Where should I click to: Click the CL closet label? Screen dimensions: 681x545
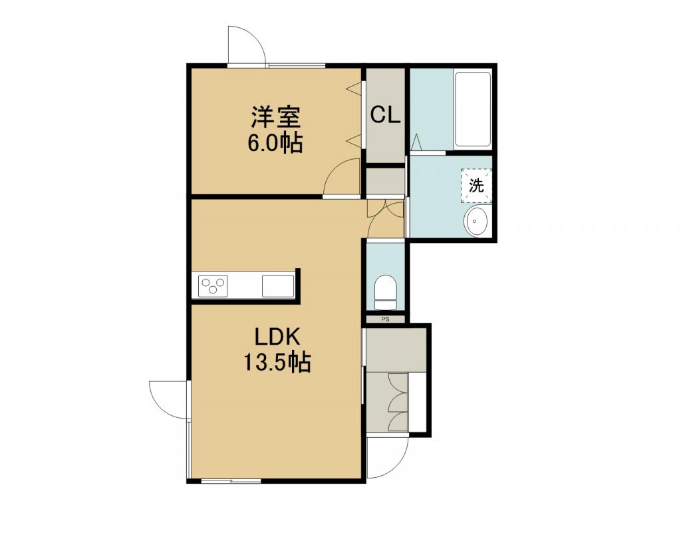point(385,115)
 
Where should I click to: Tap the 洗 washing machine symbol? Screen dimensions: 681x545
point(476,186)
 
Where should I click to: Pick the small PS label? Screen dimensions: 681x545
point(385,319)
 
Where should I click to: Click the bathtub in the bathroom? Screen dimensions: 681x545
point(473,109)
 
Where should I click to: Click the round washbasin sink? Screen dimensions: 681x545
point(476,221)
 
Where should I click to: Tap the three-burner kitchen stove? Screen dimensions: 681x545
point(213,286)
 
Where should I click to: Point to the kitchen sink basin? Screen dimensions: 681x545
point(278,286)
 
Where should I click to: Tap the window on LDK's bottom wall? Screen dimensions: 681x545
point(231,480)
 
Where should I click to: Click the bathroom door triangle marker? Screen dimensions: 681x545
point(416,142)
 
